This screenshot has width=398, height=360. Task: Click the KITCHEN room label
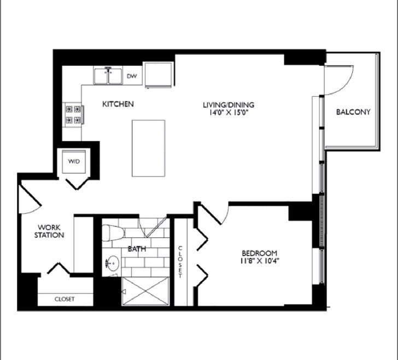click(x=118, y=103)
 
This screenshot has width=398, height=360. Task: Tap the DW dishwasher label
click(x=131, y=76)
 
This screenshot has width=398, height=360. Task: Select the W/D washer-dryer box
click(x=73, y=162)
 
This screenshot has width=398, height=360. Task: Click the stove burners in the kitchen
click(x=73, y=114)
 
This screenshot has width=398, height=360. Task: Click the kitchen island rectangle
click(x=148, y=148)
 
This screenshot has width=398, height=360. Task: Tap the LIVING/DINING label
click(x=229, y=104)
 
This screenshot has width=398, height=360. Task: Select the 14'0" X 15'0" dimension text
click(x=229, y=113)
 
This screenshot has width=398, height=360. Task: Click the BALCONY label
click(x=353, y=112)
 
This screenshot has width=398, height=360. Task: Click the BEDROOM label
click(x=260, y=253)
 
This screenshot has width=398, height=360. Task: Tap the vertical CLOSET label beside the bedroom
click(x=180, y=261)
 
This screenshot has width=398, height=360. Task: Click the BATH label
click(x=137, y=249)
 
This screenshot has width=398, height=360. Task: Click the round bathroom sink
click(x=113, y=264)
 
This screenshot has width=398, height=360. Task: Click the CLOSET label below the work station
click(x=65, y=299)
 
